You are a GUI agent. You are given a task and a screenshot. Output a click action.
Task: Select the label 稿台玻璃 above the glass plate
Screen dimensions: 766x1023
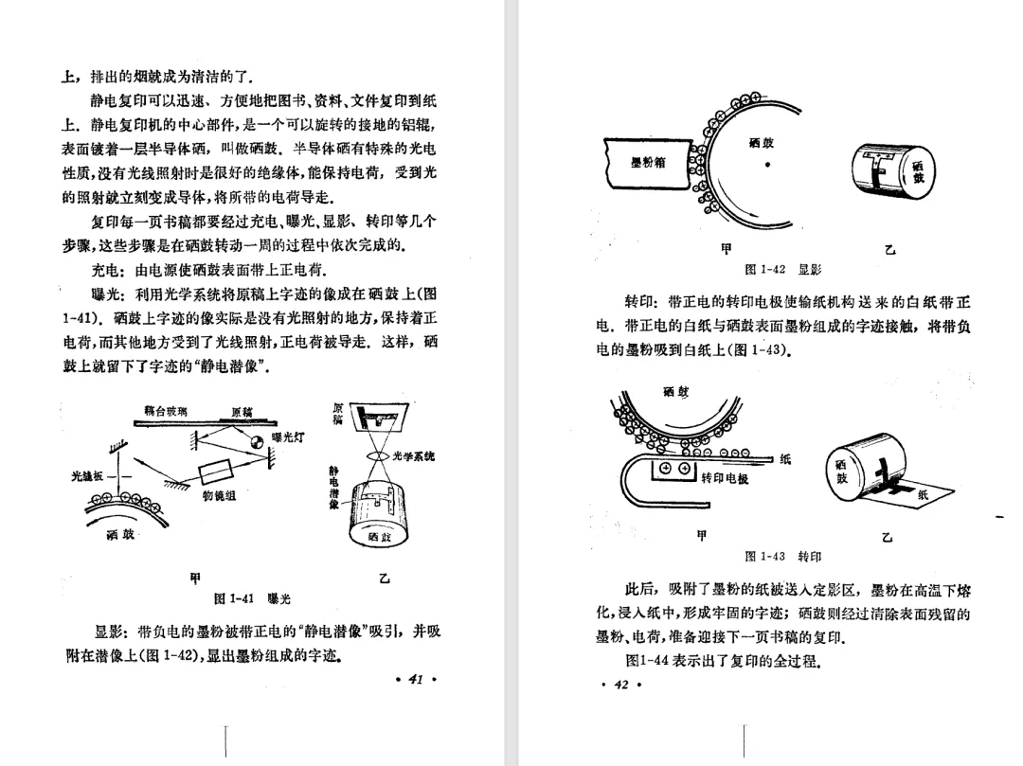[165, 412]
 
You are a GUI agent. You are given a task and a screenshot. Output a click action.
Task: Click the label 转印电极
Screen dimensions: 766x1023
[725, 479]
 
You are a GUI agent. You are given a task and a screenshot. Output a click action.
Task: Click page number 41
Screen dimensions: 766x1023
[414, 677]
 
